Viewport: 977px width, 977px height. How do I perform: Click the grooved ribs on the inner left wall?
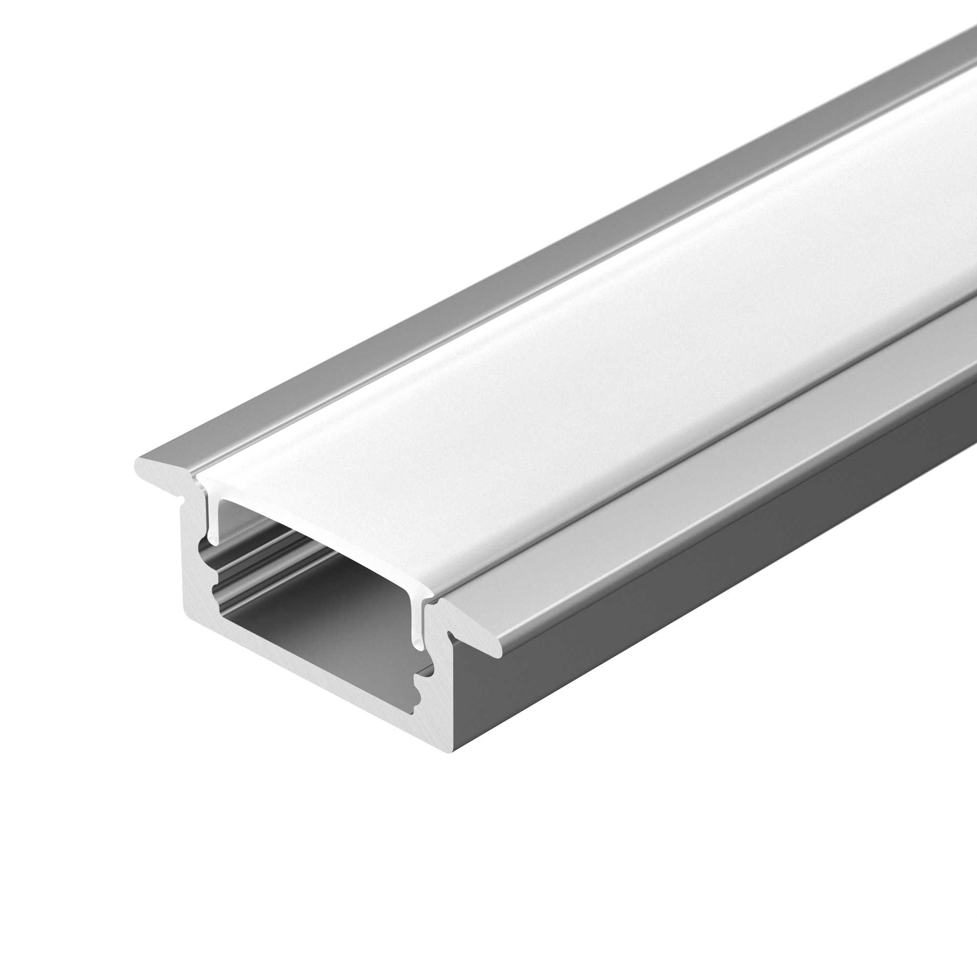click(x=263, y=556)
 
